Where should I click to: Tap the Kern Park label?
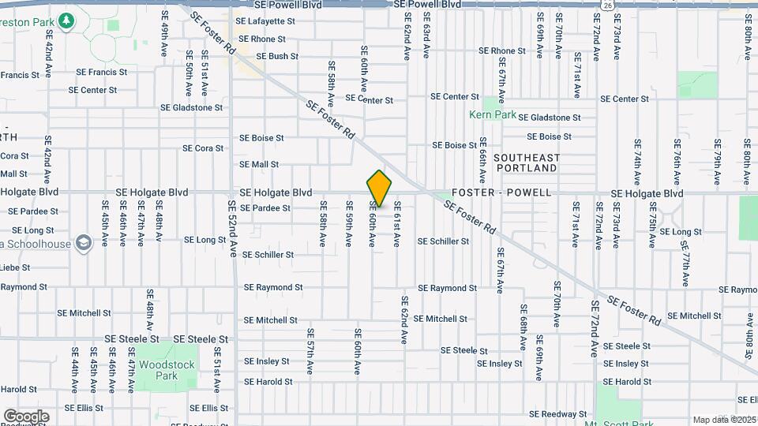(x=493, y=114)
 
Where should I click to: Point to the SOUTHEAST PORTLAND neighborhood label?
(x=527, y=163)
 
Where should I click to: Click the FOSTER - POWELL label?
(x=502, y=192)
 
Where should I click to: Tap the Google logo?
(x=26, y=417)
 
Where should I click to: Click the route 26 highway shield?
(x=605, y=5)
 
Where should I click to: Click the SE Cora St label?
(x=203, y=148)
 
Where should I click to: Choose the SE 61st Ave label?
(x=397, y=223)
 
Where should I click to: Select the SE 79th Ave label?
(x=717, y=163)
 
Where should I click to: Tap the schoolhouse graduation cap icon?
(x=81, y=241)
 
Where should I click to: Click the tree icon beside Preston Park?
(x=68, y=21)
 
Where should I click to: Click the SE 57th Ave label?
(x=310, y=350)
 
